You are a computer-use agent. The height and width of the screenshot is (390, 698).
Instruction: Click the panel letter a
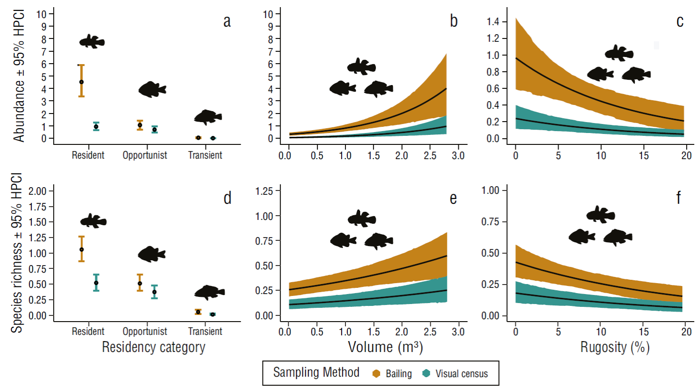click(x=227, y=22)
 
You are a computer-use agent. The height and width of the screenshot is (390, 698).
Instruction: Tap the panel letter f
click(x=679, y=197)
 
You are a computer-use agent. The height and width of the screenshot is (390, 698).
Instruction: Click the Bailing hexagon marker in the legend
click(x=376, y=374)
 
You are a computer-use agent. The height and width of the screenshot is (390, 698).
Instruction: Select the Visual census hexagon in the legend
click(x=426, y=374)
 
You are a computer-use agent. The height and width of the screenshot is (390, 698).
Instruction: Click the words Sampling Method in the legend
click(x=316, y=373)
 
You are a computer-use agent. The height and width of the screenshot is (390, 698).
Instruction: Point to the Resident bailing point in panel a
click(x=82, y=82)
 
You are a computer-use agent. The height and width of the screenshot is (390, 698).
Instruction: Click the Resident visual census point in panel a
click(x=96, y=126)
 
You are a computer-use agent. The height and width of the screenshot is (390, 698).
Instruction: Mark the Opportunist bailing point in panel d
click(x=140, y=284)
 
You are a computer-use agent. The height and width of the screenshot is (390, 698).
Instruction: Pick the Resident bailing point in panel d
click(x=82, y=249)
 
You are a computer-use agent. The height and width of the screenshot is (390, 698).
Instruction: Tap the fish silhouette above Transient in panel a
click(x=207, y=117)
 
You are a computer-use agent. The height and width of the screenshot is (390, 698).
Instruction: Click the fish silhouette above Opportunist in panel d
click(x=151, y=254)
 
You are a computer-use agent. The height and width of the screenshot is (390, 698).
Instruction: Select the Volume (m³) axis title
click(x=385, y=347)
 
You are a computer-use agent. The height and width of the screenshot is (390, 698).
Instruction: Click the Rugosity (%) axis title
click(x=614, y=347)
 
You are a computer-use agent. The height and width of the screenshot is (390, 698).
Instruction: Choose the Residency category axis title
click(x=154, y=347)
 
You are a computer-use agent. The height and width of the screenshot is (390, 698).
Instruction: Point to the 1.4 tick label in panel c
click(x=493, y=22)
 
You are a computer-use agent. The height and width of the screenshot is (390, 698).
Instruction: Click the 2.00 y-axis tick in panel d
click(x=37, y=191)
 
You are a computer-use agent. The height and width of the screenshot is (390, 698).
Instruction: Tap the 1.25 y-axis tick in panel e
click(x=264, y=191)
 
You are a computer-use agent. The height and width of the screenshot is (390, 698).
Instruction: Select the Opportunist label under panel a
click(x=145, y=155)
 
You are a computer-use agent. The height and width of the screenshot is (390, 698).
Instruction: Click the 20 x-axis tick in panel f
click(x=686, y=332)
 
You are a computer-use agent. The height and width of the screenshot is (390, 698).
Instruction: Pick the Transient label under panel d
click(x=205, y=332)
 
